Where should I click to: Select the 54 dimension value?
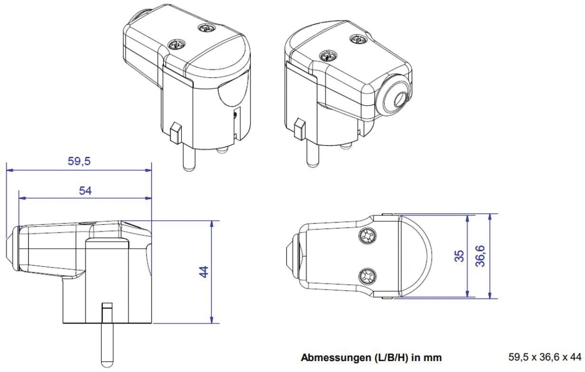click(85, 191)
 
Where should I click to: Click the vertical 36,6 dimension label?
click(480, 256)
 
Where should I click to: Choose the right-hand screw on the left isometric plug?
click(207, 28)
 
